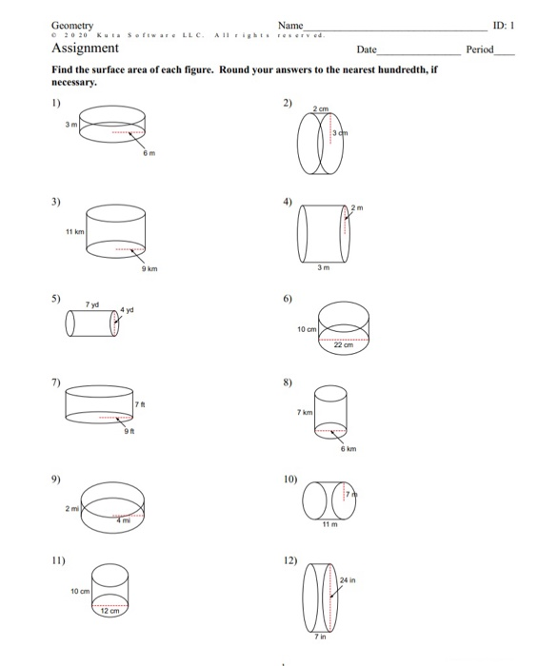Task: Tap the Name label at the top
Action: point(290,25)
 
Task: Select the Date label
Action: point(367,49)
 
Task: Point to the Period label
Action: point(481,49)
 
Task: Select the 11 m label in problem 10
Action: point(329,526)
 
